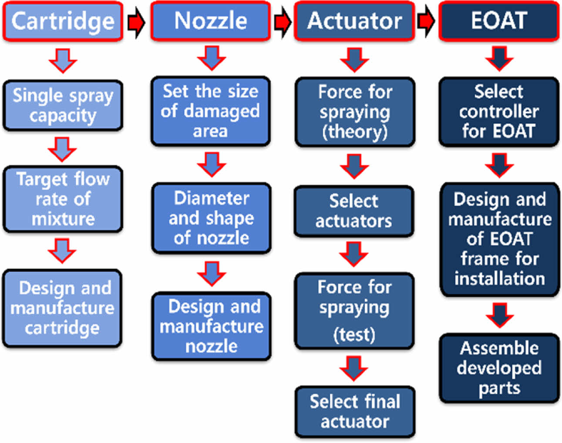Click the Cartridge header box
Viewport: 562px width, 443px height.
63,21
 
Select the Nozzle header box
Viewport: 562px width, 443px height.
211,21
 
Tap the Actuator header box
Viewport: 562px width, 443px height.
354,21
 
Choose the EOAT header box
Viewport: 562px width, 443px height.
499,21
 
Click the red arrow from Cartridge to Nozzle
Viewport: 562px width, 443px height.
136,22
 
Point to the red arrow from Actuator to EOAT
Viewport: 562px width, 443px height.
426,21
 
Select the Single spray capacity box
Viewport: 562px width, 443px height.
63,106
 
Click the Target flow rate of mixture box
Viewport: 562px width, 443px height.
63,199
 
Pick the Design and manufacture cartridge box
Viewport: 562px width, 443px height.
62,308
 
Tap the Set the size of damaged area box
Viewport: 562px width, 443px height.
211,111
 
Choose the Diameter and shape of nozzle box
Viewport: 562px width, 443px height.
212,218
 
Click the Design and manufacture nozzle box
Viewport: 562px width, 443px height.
212,326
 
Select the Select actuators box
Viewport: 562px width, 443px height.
353,211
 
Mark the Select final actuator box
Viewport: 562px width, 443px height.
355,411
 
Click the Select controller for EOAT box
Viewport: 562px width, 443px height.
499,111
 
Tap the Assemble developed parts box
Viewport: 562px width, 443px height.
499,368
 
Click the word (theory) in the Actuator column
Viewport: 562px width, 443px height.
355,131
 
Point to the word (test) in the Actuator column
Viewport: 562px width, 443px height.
354,335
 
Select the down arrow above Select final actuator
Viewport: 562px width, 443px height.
353,368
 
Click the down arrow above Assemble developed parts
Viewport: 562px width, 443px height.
499,315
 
